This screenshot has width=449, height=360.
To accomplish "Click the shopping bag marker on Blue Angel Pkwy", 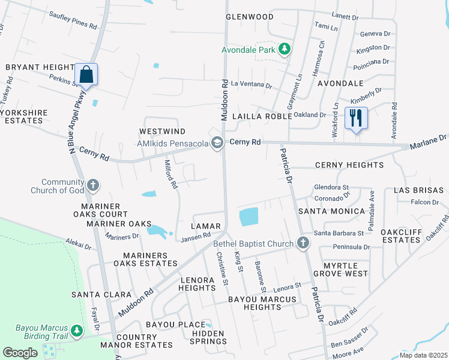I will point(86,75).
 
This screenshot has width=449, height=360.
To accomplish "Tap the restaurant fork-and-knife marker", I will point(356,118).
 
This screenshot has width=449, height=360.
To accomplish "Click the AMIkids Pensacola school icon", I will point(217,143).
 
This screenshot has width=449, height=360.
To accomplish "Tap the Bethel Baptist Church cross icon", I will point(303,243).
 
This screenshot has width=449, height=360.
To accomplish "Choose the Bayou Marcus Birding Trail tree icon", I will point(76,331).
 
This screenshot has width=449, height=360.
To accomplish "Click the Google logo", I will point(20,352).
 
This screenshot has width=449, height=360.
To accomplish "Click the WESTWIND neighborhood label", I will point(162,131).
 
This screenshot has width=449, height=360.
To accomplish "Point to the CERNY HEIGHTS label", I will point(349,165).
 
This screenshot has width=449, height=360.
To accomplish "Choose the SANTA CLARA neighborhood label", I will point(101,295).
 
